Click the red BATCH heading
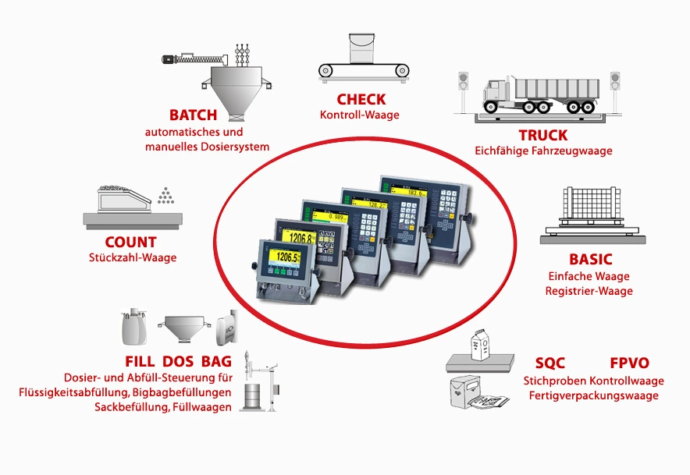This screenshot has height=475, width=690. (x=193, y=115)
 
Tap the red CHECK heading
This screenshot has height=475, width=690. (x=361, y=99)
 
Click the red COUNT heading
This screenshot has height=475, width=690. (x=130, y=242)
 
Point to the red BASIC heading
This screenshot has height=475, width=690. (x=590, y=259)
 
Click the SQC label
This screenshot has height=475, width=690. (x=550, y=363)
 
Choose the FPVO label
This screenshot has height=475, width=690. (x=629, y=363)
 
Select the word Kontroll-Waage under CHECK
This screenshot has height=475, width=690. (x=360, y=115)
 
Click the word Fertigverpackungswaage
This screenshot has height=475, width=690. (x=593, y=395)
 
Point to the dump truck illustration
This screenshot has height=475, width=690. (x=542, y=95)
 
